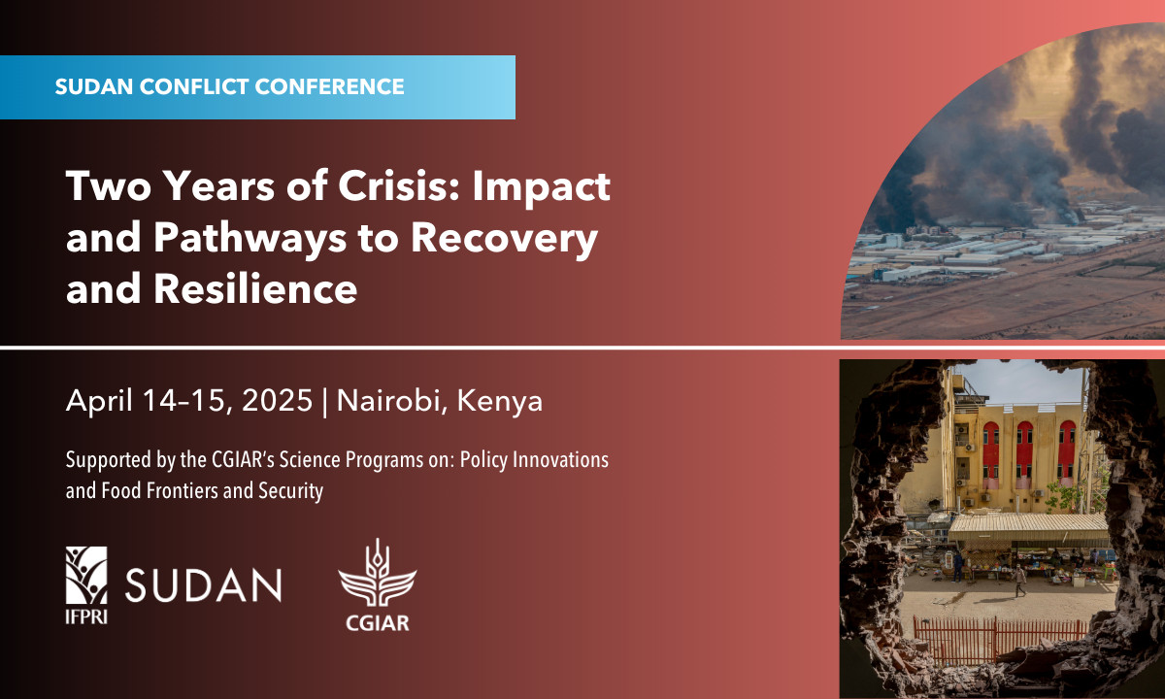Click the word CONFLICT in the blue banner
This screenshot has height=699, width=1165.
[x=193, y=86]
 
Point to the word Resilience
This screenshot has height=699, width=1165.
[x=255, y=288]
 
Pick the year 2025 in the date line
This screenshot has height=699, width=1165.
[x=278, y=400]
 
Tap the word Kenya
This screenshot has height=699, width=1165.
[x=500, y=402]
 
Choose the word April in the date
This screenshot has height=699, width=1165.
[x=99, y=402]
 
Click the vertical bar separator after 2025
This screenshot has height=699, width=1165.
[x=325, y=402]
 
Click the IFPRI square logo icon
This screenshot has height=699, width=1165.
[x=86, y=575]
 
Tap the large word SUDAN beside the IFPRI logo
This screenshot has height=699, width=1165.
[x=203, y=585]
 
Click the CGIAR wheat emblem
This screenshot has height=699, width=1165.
[x=378, y=573]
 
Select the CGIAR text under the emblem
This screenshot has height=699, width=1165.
[x=378, y=623]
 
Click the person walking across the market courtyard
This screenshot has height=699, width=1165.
[x=1019, y=580]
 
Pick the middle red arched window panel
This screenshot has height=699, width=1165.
[x=1024, y=450]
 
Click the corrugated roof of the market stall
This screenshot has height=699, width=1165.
[x=1029, y=527]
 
